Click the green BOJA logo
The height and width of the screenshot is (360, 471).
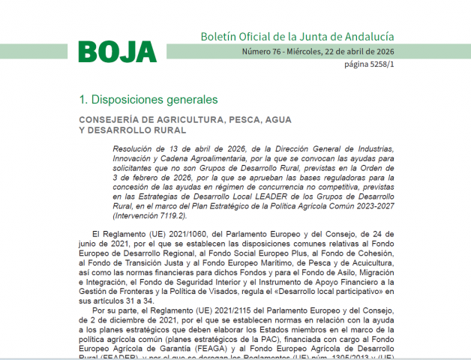(118, 51)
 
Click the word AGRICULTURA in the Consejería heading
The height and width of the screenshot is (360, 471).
(183, 119)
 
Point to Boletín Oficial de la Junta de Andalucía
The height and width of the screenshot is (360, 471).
(297, 36)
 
